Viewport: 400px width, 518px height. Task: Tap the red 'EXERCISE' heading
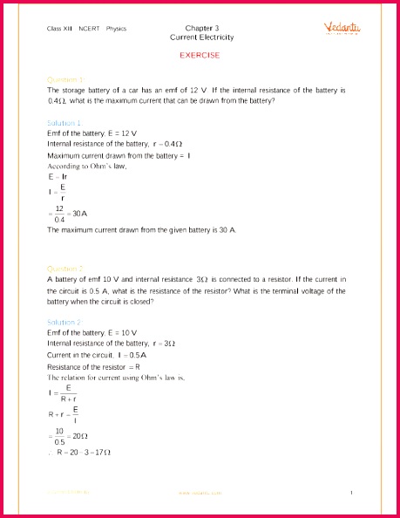200,55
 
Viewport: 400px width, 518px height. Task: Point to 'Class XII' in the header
60,29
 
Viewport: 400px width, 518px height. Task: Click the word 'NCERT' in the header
90,29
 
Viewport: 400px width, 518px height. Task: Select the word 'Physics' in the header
116,29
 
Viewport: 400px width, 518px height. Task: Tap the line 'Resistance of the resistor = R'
94,366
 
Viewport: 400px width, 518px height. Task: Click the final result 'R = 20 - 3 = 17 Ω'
83,453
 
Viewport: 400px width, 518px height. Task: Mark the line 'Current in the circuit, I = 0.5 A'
97,355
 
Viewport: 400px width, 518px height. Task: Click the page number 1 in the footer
350,494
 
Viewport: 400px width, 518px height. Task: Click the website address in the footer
200,494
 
